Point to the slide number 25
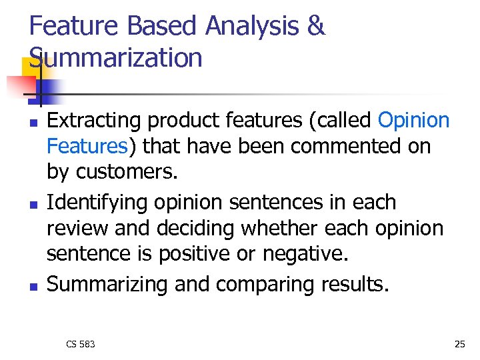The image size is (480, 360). click(x=459, y=344)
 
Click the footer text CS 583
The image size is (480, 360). click(x=81, y=344)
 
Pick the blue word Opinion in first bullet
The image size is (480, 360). click(x=413, y=120)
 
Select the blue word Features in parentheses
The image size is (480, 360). click(x=87, y=145)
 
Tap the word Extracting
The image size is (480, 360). click(x=94, y=121)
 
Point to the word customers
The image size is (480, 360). click(x=127, y=171)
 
